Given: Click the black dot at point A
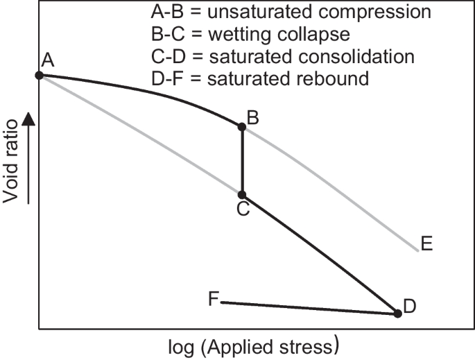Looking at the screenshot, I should (x=40, y=75).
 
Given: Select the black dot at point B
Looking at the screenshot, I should (x=242, y=126).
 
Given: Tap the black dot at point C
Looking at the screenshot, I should (x=242, y=195).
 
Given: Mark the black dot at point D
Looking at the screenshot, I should (x=397, y=314).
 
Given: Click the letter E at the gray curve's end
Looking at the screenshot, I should (x=426, y=243).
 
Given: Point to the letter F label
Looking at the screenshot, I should (x=214, y=299).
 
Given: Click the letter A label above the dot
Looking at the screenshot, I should (x=48, y=61).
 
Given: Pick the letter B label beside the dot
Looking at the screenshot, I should (x=253, y=118).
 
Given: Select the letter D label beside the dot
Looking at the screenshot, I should (x=410, y=306).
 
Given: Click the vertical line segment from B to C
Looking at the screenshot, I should (x=242, y=161).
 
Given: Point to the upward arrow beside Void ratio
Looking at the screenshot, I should (x=28, y=125).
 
